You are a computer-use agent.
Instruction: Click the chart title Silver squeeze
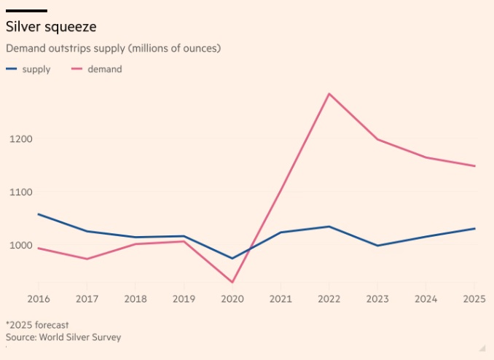coord(52,27)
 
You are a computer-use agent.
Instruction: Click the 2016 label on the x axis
coord(38,299)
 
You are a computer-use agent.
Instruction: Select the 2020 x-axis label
coord(232,299)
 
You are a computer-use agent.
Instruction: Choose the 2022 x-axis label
coord(329,299)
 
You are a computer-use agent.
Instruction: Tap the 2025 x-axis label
coord(474,299)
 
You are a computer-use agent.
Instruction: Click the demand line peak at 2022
coord(329,94)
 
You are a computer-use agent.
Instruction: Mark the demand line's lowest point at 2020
coord(232,282)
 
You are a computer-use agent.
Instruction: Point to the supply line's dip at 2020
coord(232,258)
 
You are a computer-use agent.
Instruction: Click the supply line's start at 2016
coord(38,214)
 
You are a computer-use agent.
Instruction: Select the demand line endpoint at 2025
coord(475,166)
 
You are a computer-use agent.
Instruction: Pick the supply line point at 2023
coord(378,246)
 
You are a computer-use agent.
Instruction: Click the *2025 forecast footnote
coord(37,324)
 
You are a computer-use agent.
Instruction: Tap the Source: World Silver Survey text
coord(63,337)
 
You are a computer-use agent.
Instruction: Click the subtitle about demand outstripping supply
coord(113,48)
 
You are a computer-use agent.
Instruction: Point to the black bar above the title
coord(26,11)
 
